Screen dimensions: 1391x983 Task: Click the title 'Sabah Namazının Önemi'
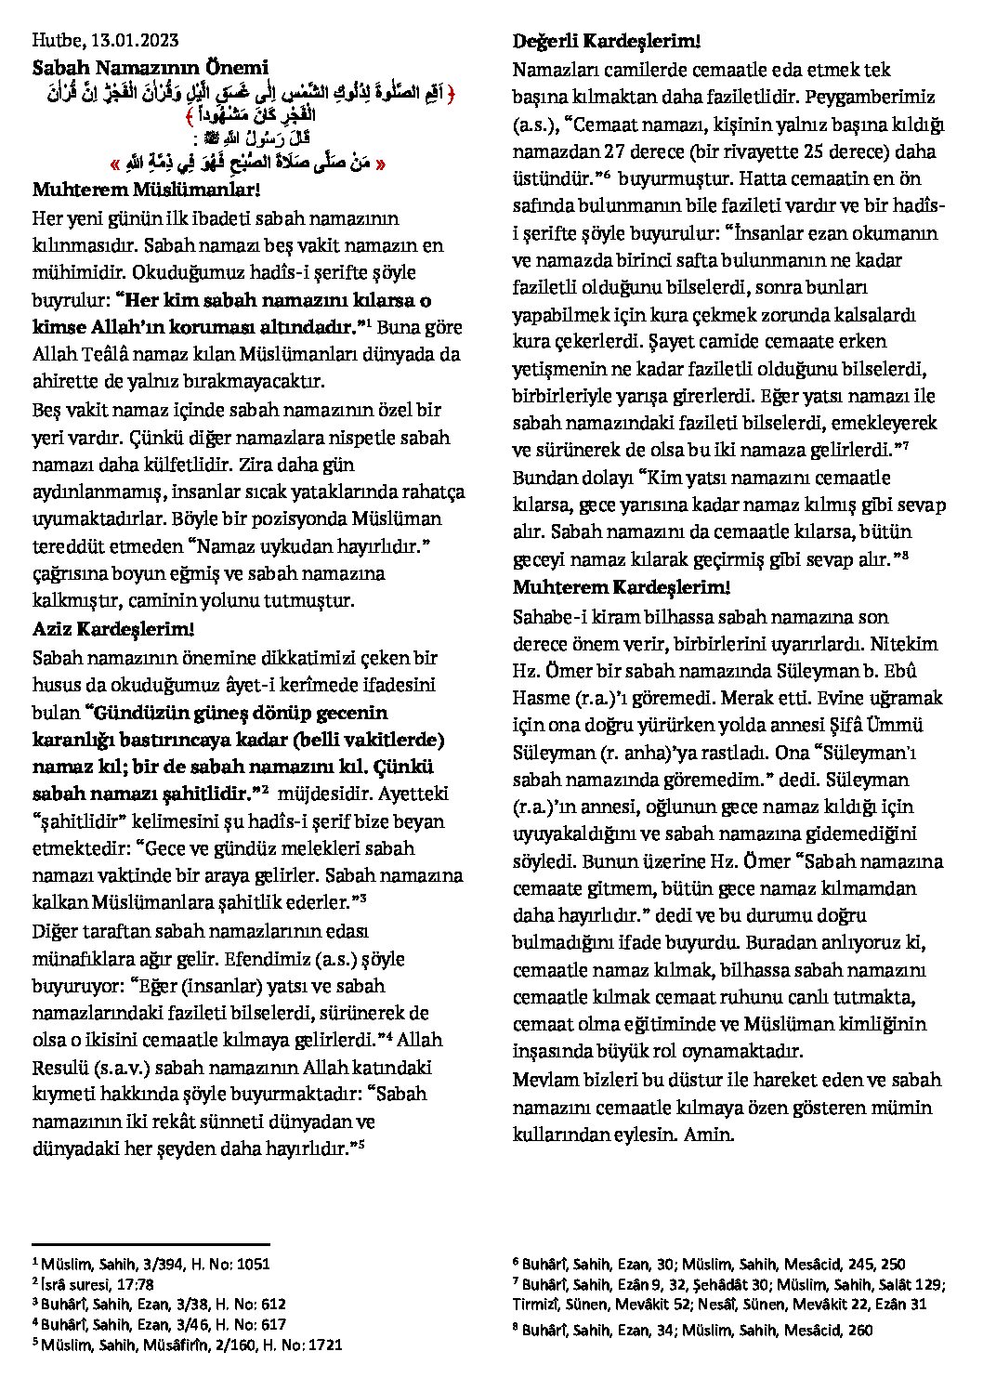click(150, 68)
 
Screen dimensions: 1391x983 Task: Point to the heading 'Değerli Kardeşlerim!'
click(606, 41)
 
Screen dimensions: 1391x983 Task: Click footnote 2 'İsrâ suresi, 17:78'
click(93, 1284)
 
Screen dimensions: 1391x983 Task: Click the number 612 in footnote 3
click(273, 1304)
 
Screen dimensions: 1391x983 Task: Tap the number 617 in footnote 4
click(273, 1324)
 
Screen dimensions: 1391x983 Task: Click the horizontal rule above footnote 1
click(151, 1243)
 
